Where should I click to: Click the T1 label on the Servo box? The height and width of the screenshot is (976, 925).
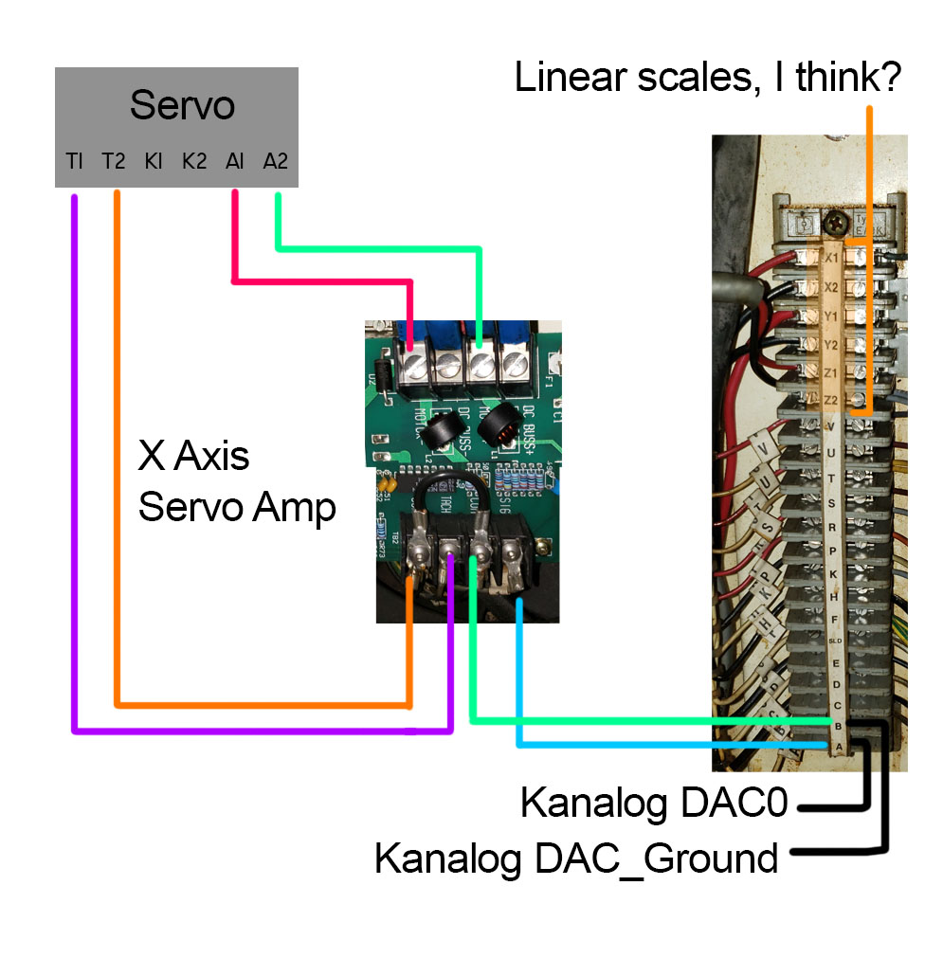coord(75,162)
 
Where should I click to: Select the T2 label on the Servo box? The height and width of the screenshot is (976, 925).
coord(114,162)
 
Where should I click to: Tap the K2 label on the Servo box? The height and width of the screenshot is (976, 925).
coord(194,162)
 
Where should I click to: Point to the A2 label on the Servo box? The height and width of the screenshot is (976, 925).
coord(275,162)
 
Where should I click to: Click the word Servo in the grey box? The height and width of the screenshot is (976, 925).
coord(182,105)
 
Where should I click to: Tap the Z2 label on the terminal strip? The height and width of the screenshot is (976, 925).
coord(831,402)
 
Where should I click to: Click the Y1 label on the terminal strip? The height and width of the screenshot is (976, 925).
coord(831,316)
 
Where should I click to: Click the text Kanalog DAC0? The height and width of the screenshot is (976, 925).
coord(654,804)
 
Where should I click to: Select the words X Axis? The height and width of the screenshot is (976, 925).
coord(194,457)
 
